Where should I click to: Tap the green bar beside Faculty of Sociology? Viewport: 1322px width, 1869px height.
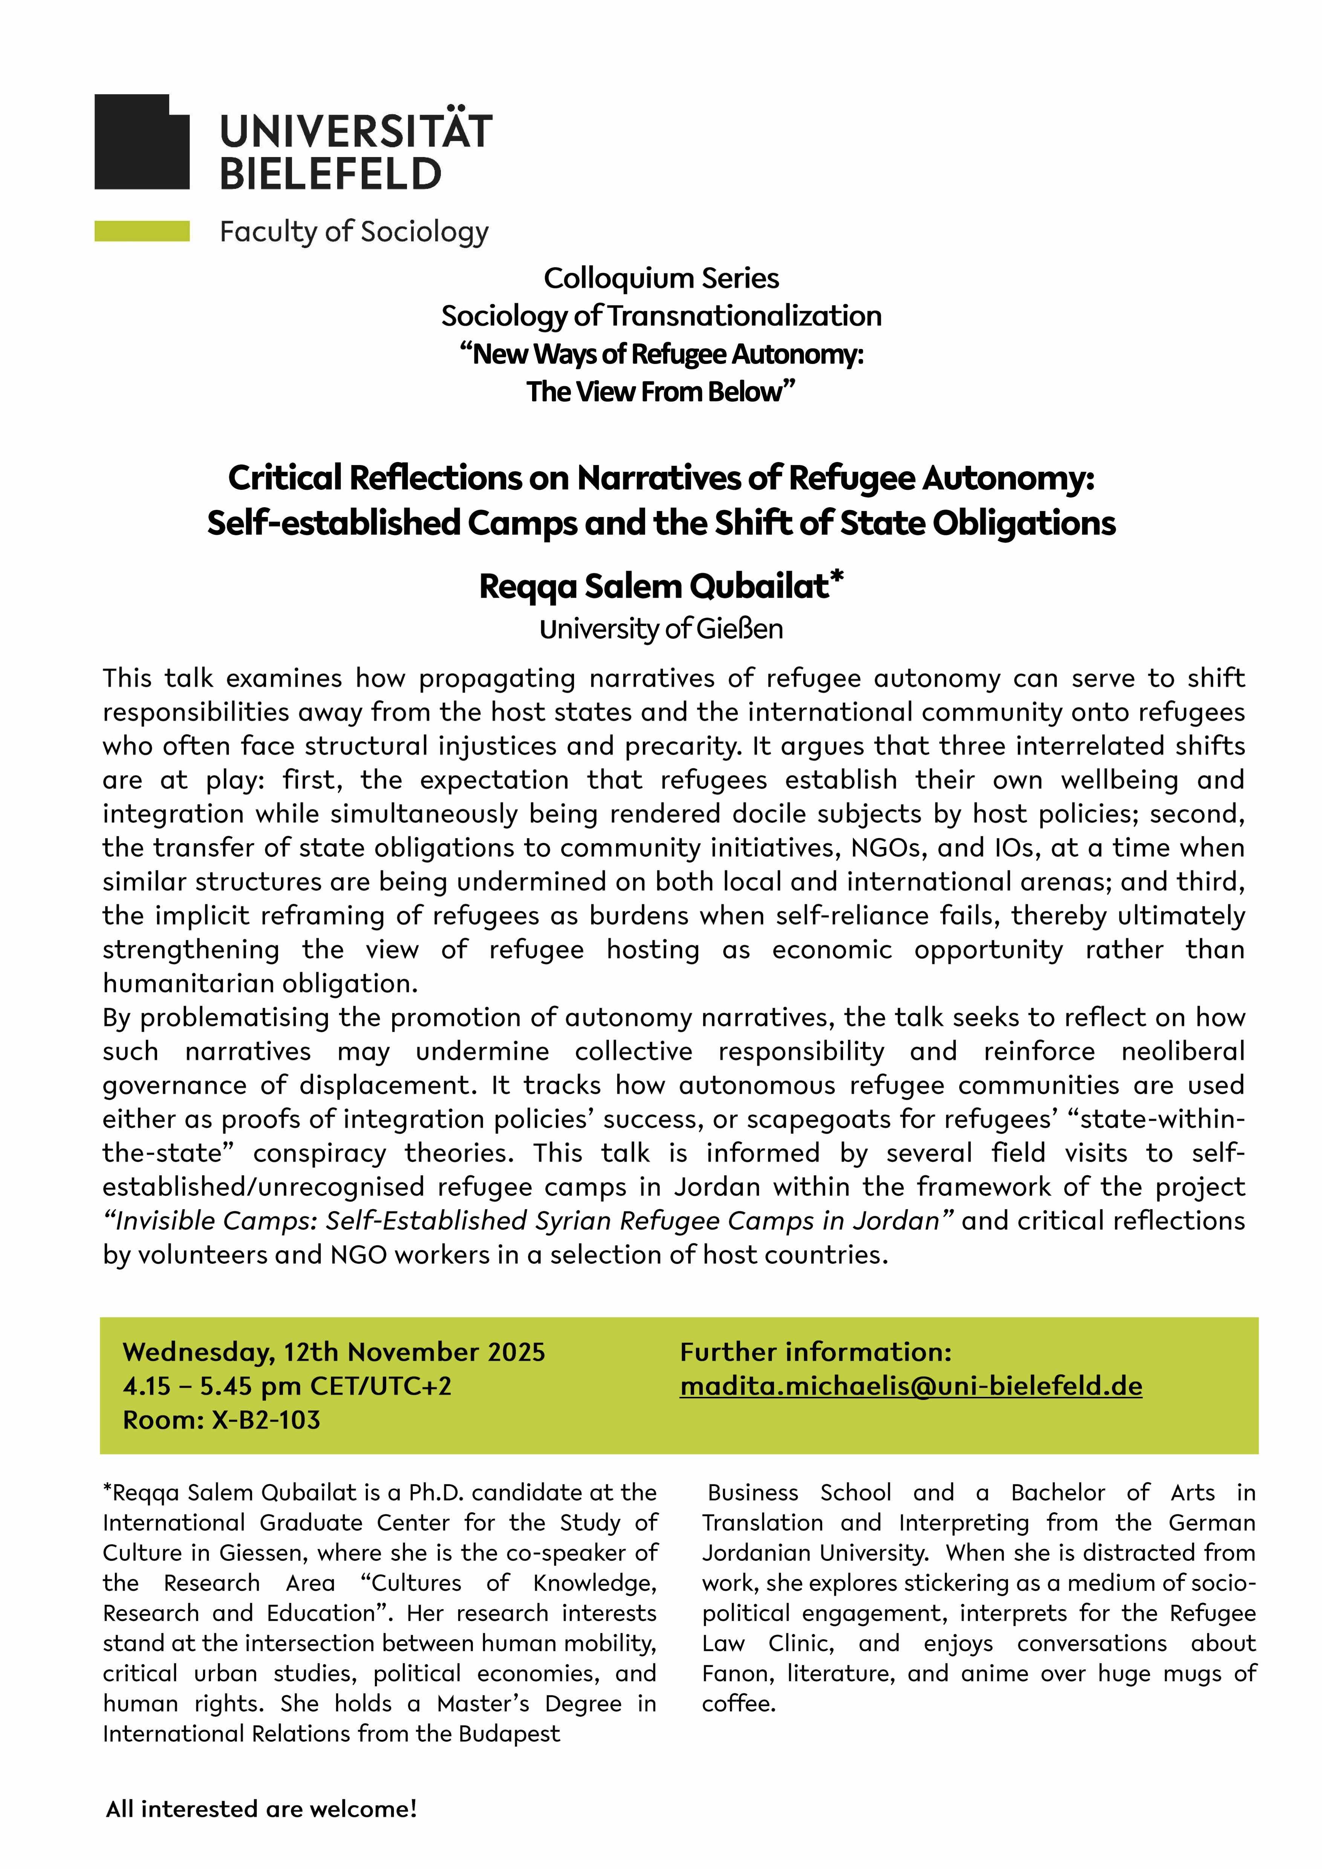[142, 232]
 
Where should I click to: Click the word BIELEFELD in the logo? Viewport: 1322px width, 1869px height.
[330, 173]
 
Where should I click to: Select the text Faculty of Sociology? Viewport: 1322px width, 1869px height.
[354, 232]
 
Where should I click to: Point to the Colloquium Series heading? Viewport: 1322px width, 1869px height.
[661, 278]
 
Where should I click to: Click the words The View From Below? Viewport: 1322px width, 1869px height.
[661, 392]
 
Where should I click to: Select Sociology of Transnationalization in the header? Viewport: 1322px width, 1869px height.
[661, 316]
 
